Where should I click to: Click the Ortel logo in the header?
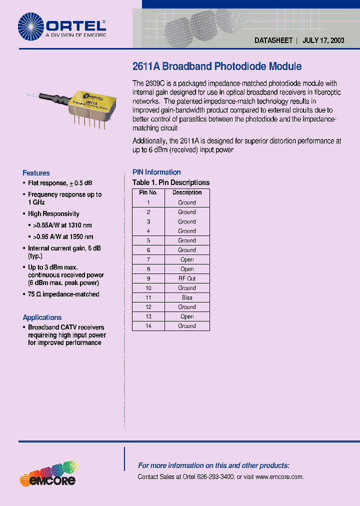pyautogui.click(x=61, y=25)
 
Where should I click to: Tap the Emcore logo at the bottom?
pyautogui.click(x=47, y=475)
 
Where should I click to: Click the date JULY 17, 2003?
pyautogui.click(x=323, y=41)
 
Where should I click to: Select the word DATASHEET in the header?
pyautogui.click(x=273, y=41)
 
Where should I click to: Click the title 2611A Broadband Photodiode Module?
pyautogui.click(x=217, y=66)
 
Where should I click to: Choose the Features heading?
pyautogui.click(x=36, y=173)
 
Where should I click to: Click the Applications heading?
pyautogui.click(x=42, y=317)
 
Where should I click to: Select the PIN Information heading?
pyautogui.click(x=156, y=172)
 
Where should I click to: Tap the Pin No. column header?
pyautogui.click(x=148, y=192)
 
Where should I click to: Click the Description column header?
pyautogui.click(x=187, y=192)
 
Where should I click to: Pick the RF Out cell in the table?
pyautogui.click(x=187, y=278)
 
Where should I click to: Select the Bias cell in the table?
pyautogui.click(x=187, y=297)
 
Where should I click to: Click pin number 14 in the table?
pyautogui.click(x=148, y=326)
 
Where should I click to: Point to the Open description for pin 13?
pyautogui.click(x=187, y=316)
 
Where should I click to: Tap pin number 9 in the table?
pyautogui.click(x=148, y=278)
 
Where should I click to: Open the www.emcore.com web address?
pyautogui.click(x=279, y=477)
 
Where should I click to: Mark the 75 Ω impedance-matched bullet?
pyautogui.click(x=63, y=294)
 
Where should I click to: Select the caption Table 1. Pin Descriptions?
pyautogui.click(x=171, y=182)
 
